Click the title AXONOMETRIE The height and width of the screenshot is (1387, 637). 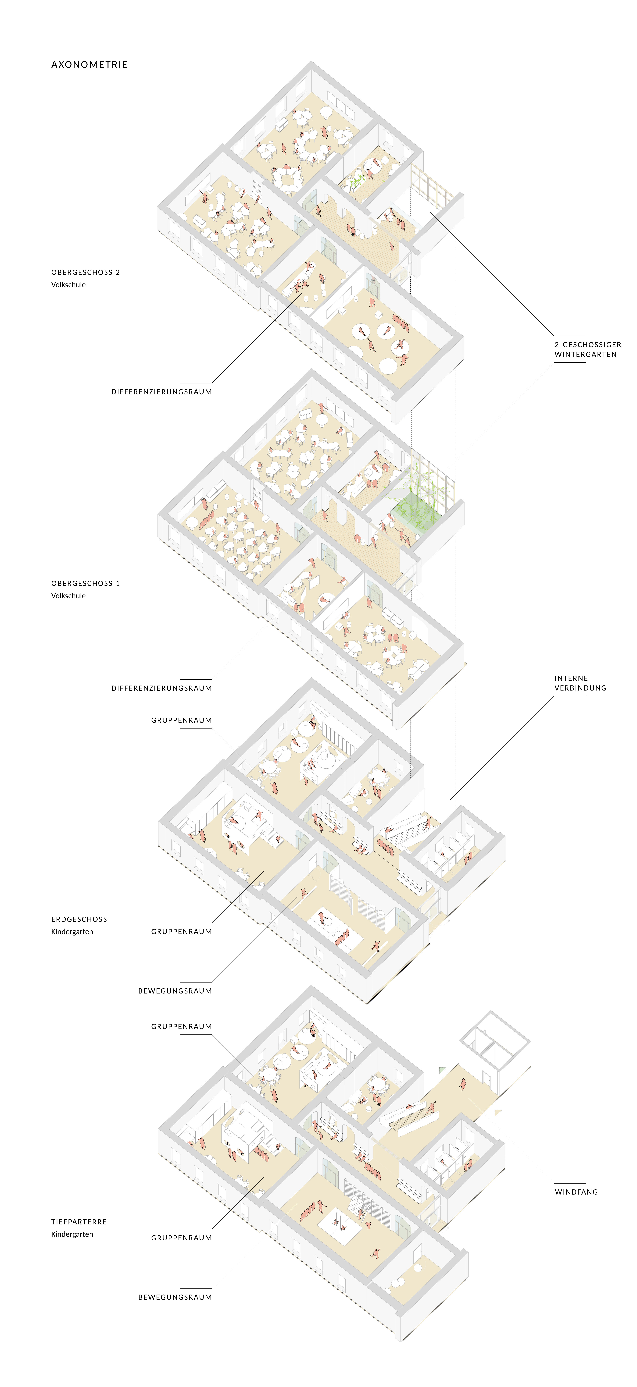click(x=89, y=65)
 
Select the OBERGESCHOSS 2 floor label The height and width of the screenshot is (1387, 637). click(x=86, y=272)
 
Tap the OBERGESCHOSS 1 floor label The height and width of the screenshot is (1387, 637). click(x=86, y=583)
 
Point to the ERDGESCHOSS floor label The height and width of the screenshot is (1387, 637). click(x=79, y=919)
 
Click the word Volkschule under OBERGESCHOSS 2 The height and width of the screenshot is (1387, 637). click(x=68, y=285)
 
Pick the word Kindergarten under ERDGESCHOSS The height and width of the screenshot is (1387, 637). click(x=72, y=932)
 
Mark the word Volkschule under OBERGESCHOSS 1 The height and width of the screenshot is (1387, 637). click(x=68, y=596)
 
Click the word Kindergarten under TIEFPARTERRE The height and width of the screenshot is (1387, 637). click(x=72, y=1234)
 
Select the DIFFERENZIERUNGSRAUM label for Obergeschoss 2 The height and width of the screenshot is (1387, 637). click(x=161, y=392)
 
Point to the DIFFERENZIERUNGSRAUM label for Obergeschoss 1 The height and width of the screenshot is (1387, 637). click(x=161, y=688)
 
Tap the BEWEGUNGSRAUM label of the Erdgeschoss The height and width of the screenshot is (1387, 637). click(x=175, y=991)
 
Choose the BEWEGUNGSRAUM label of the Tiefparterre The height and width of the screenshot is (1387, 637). click(x=175, y=1297)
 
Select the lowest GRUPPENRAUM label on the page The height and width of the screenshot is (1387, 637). click(x=181, y=1238)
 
